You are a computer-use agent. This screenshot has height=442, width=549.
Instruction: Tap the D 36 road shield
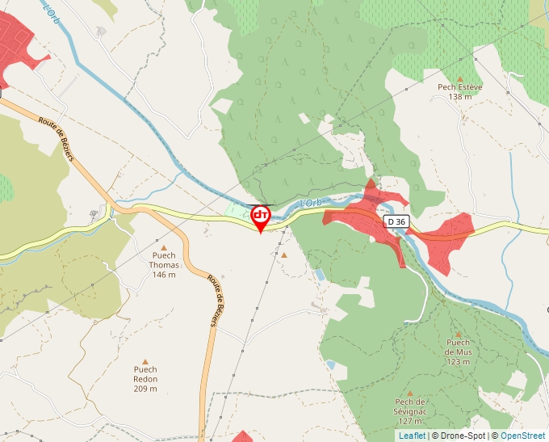point(396,221)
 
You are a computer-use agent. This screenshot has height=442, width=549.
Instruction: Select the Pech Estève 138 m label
point(459,92)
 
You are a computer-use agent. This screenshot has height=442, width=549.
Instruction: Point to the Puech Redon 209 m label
point(145,379)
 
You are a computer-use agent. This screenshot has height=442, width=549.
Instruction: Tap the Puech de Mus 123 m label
point(458,351)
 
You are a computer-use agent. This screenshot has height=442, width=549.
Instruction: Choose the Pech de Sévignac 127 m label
point(410,411)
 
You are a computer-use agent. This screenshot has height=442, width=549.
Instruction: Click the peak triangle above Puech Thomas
point(164,248)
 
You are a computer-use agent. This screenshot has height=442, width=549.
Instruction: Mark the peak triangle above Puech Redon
point(145,362)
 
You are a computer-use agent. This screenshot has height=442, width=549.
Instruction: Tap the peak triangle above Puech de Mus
point(458,334)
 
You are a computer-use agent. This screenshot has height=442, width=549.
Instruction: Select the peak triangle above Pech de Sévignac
point(409,394)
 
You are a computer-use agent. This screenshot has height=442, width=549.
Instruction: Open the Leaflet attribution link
point(412,436)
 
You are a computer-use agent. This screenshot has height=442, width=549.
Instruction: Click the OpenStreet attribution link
point(523,436)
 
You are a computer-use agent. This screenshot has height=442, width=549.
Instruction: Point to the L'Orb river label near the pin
point(310,203)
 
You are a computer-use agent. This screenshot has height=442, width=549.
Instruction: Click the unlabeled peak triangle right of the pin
point(283,255)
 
